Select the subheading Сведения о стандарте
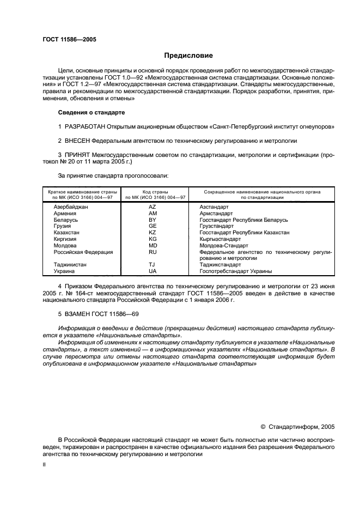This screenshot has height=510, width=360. point(91,112)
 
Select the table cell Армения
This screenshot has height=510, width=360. point(65,214)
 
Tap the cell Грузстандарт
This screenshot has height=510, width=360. point(217,226)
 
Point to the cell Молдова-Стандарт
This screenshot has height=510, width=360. point(222,245)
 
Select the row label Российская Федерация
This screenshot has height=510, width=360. point(83,252)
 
